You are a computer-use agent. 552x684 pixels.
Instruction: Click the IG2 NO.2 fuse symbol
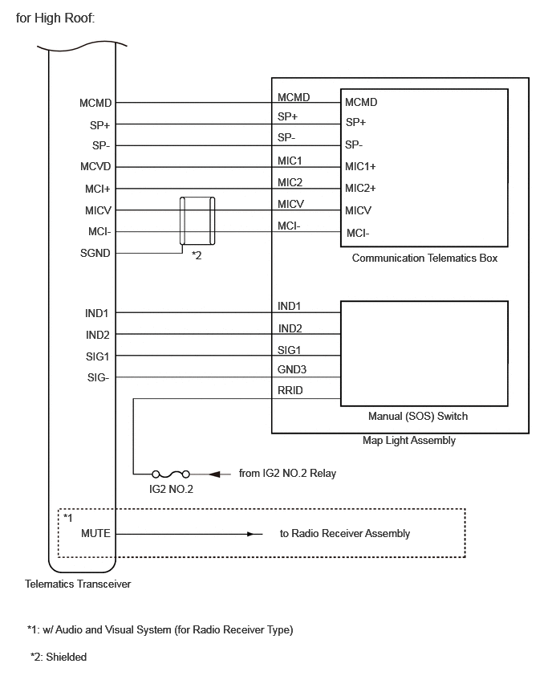click(170, 474)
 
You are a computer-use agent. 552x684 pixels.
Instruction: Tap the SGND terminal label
click(95, 253)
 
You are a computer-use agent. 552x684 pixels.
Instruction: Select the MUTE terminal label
click(95, 533)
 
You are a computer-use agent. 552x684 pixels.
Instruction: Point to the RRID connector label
click(290, 390)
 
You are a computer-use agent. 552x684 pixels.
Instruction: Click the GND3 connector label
click(292, 369)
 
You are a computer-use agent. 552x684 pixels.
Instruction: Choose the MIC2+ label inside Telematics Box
click(360, 188)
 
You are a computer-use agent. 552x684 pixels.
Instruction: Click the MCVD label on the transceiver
click(95, 167)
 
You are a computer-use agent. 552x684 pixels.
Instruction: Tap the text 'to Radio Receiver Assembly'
click(345, 534)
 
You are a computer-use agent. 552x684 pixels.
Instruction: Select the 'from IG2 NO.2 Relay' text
click(287, 474)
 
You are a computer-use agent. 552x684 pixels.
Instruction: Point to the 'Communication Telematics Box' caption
click(424, 259)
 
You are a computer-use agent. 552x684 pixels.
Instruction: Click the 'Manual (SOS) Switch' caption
click(418, 416)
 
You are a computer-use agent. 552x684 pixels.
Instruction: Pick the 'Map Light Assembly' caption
click(409, 441)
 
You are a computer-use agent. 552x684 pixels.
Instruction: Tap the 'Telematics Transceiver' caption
click(78, 584)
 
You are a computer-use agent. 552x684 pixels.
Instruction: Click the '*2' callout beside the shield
click(197, 255)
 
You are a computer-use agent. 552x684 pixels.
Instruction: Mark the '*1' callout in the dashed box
click(68, 518)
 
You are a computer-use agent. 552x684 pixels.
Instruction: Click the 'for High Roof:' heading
click(55, 18)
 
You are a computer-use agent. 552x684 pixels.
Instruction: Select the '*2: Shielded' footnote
click(59, 657)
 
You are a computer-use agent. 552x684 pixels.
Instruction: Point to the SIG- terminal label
click(98, 377)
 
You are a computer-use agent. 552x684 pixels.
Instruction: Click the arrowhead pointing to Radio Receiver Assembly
click(250, 534)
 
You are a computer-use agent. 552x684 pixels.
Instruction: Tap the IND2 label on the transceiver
click(97, 335)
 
